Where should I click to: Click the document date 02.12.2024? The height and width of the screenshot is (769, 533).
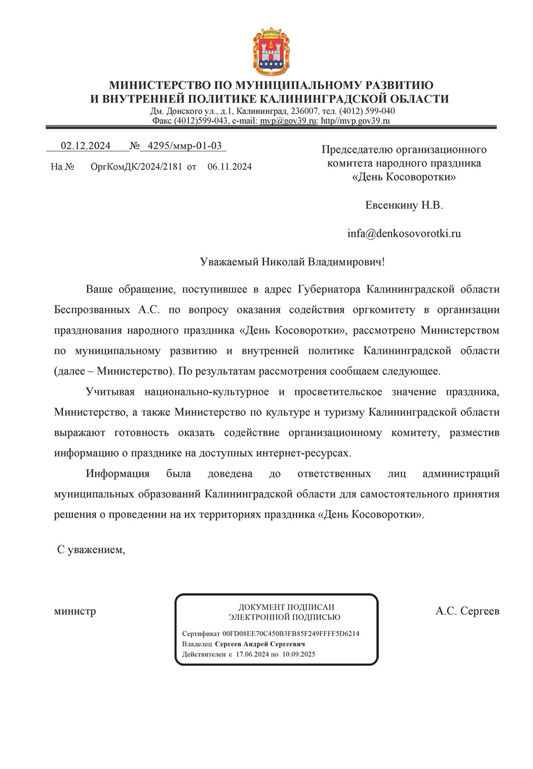pyautogui.click(x=86, y=146)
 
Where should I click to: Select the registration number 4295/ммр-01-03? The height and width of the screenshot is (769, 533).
pyautogui.click(x=185, y=146)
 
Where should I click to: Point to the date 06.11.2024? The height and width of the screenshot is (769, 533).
pyautogui.click(x=230, y=167)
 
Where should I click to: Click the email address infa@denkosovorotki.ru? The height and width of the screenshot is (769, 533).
pyautogui.click(x=404, y=233)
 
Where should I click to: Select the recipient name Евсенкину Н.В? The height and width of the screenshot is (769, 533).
pyautogui.click(x=404, y=205)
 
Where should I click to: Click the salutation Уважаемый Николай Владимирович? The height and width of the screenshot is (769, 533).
pyautogui.click(x=293, y=261)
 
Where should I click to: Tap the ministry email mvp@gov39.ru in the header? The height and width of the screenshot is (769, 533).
pyautogui.click(x=288, y=121)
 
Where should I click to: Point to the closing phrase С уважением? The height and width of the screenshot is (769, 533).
pyautogui.click(x=91, y=549)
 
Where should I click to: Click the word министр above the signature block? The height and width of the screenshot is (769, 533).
pyautogui.click(x=75, y=611)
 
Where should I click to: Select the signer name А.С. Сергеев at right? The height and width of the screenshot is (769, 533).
pyautogui.click(x=467, y=611)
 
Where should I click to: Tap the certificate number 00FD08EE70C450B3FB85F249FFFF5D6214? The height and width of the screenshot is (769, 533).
pyautogui.click(x=290, y=634)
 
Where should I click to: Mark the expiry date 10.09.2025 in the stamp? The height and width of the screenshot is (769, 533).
pyautogui.click(x=299, y=654)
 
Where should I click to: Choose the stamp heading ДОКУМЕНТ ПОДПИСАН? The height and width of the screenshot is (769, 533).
pyautogui.click(x=286, y=607)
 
